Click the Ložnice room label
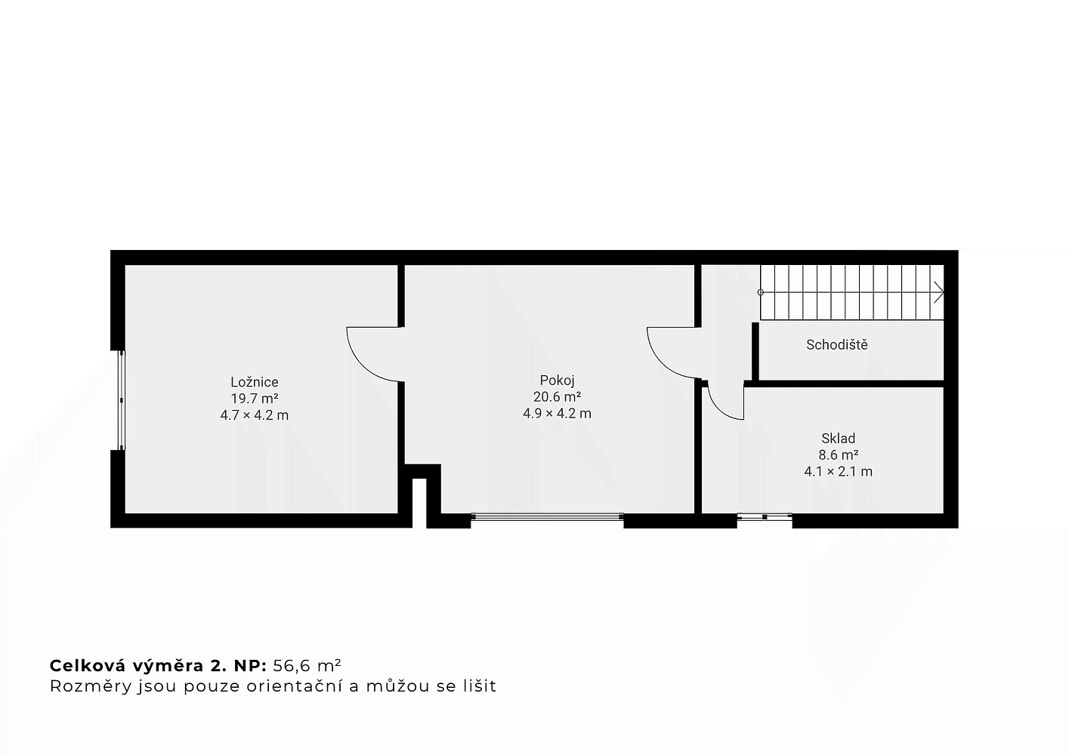[255, 381]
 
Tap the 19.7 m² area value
[255, 398]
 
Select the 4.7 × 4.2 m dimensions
[255, 415]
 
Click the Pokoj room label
[557, 380]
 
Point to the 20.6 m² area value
[557, 396]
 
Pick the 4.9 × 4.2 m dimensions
[557, 413]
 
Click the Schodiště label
[837, 344]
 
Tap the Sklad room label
[838, 438]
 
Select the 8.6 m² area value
[839, 455]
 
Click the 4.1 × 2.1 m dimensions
[839, 471]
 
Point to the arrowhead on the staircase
[939, 292]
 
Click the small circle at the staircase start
[761, 292]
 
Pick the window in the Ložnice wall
[122, 401]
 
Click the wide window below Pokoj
[547, 516]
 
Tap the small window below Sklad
[765, 516]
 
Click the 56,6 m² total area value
[307, 665]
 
